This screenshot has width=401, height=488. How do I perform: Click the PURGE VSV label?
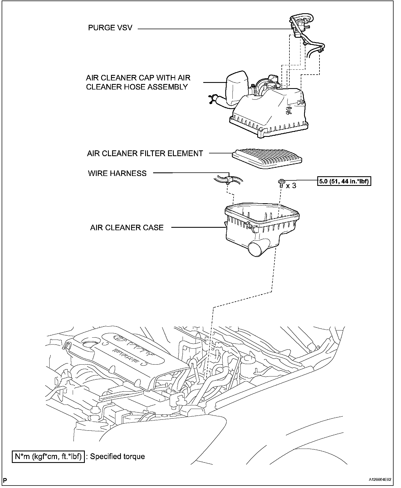[110, 28]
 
